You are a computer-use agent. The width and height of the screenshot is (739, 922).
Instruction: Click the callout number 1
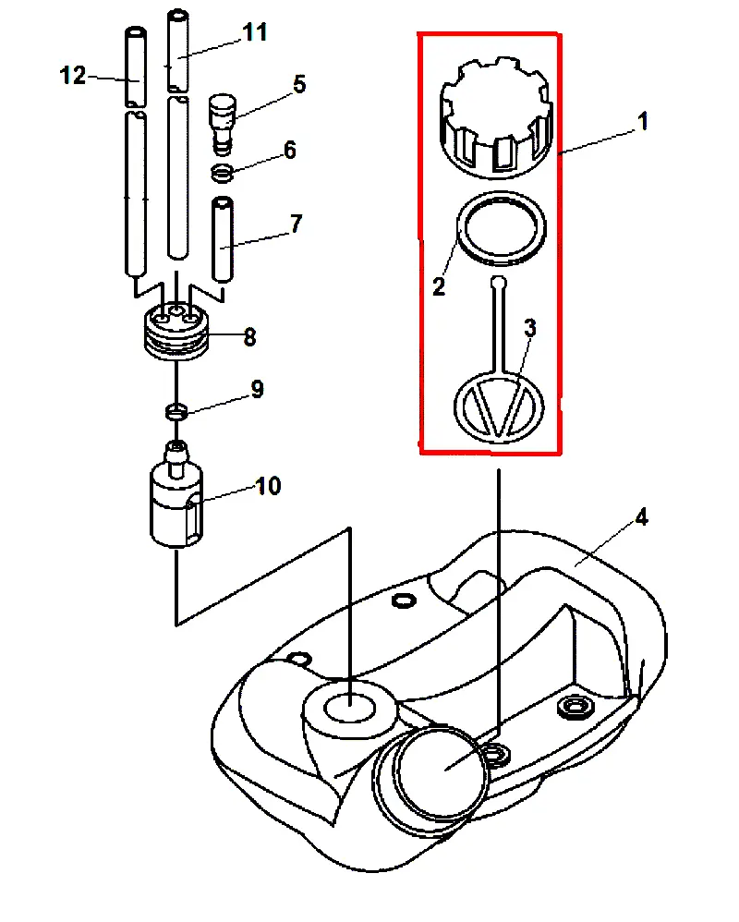pos(643,121)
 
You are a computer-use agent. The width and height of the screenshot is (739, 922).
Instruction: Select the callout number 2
pos(439,286)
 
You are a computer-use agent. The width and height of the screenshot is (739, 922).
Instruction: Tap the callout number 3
pos(529,328)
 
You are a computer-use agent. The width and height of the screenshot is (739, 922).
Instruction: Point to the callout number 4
pos(641,516)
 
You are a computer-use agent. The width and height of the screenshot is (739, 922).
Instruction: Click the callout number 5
pos(299,84)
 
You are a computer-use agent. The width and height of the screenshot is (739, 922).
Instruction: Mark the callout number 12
pos(73,75)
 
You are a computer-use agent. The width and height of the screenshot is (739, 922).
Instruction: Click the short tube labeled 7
pos(223,239)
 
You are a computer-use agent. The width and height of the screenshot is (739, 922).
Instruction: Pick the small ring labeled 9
pos(176,411)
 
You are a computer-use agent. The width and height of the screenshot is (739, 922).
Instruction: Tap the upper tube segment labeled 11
pos(178,51)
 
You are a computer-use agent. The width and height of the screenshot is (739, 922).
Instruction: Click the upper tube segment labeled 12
pos(136,67)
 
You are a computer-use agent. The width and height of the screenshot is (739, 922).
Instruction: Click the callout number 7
pos(296,224)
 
